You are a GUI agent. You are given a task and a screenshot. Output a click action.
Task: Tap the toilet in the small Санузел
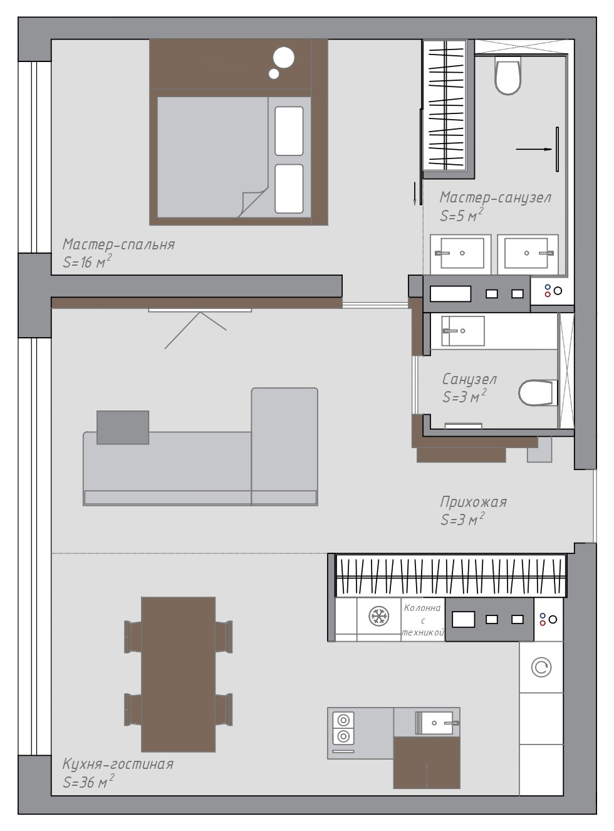click(x=538, y=393)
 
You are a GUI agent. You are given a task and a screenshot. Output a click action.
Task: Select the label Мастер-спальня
click(x=118, y=244)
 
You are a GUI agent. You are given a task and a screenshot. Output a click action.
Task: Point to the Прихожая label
click(x=473, y=502)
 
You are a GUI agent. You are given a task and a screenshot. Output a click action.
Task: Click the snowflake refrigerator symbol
click(x=379, y=616)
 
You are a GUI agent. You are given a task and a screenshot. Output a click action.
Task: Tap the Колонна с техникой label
click(x=423, y=620)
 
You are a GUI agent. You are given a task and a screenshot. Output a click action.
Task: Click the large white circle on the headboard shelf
click(x=284, y=58)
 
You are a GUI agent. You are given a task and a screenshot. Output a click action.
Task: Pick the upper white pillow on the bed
click(x=289, y=131)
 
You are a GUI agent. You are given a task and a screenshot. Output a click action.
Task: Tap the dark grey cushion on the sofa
click(x=123, y=427)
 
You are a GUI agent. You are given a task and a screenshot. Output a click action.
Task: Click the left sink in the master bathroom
click(x=460, y=254)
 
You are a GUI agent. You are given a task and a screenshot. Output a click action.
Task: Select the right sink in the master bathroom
click(x=528, y=254)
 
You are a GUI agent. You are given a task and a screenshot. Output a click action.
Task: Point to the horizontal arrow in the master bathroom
click(x=534, y=149)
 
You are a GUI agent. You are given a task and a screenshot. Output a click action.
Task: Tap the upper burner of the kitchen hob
click(x=343, y=719)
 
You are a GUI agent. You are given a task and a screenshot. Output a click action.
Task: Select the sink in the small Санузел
click(x=462, y=331)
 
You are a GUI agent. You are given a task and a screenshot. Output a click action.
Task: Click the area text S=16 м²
click(x=87, y=262)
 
